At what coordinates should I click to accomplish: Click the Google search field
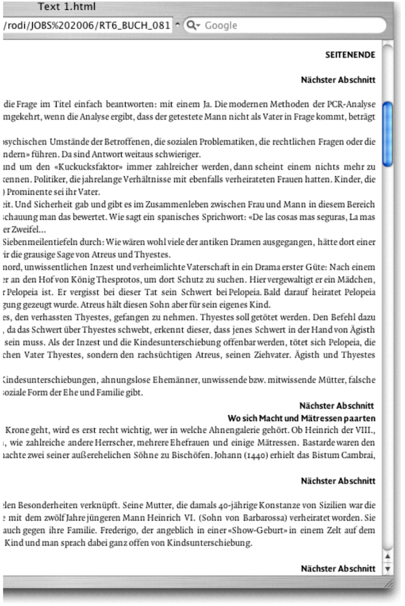[x=289, y=26]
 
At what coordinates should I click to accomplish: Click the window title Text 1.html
[x=66, y=7]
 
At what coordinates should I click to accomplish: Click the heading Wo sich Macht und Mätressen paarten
[x=301, y=418]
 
